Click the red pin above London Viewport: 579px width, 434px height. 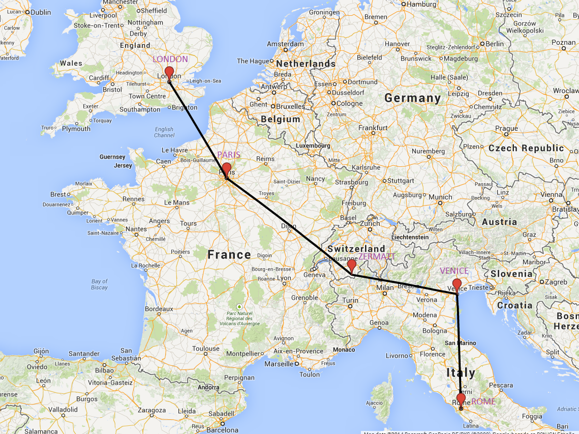(169, 72)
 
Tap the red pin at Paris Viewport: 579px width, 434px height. (227, 169)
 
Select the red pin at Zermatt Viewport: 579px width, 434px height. (351, 265)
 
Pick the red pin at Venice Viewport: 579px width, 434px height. (457, 284)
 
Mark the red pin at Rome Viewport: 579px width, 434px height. (461, 399)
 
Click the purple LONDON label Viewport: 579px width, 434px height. (170, 59)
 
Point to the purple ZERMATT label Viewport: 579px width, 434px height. (377, 256)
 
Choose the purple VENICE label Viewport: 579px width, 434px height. (454, 271)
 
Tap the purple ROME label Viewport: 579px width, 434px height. (483, 402)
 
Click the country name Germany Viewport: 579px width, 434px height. (412, 98)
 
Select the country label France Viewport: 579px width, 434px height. (229, 254)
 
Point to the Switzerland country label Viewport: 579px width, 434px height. (356, 249)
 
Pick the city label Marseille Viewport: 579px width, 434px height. (279, 364)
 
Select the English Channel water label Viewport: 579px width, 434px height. (164, 132)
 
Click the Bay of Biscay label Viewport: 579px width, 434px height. (100, 284)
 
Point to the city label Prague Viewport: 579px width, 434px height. (507, 129)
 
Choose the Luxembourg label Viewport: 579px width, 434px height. (314, 146)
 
